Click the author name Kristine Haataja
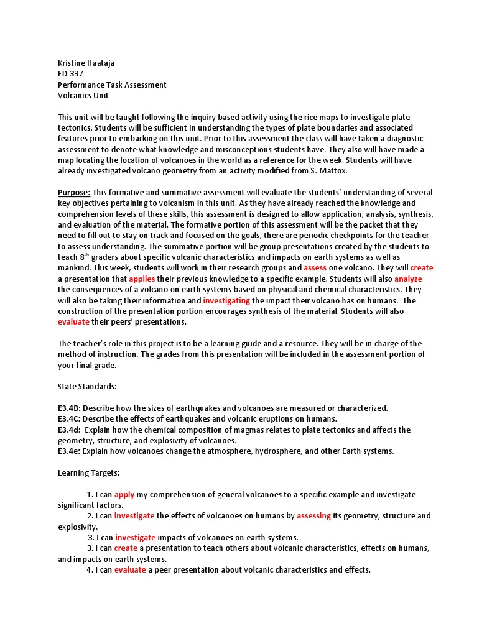[86, 63]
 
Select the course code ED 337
[70, 74]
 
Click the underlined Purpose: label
[74, 192]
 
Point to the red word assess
[315, 268]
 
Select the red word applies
[142, 279]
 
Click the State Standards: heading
[87, 387]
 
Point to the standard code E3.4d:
[69, 430]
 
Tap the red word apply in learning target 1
[124, 495]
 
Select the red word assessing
[313, 516]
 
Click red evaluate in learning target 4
[130, 569]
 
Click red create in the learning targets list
[126, 548]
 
